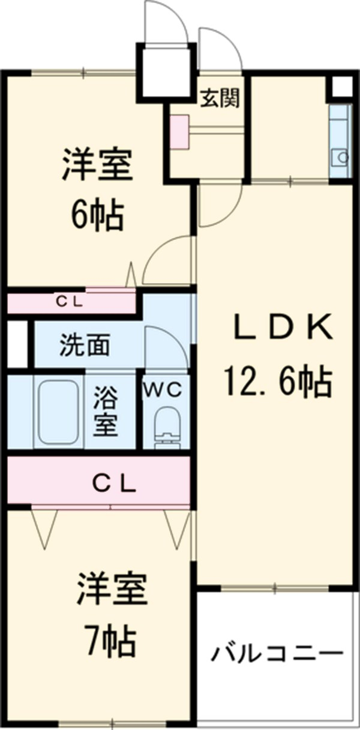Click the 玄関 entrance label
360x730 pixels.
click(x=220, y=98)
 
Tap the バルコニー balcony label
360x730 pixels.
click(x=277, y=653)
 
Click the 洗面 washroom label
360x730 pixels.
click(x=84, y=346)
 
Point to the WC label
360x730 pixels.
click(x=161, y=389)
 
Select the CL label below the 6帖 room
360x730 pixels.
click(x=71, y=302)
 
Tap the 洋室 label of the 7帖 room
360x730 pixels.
click(x=111, y=590)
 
